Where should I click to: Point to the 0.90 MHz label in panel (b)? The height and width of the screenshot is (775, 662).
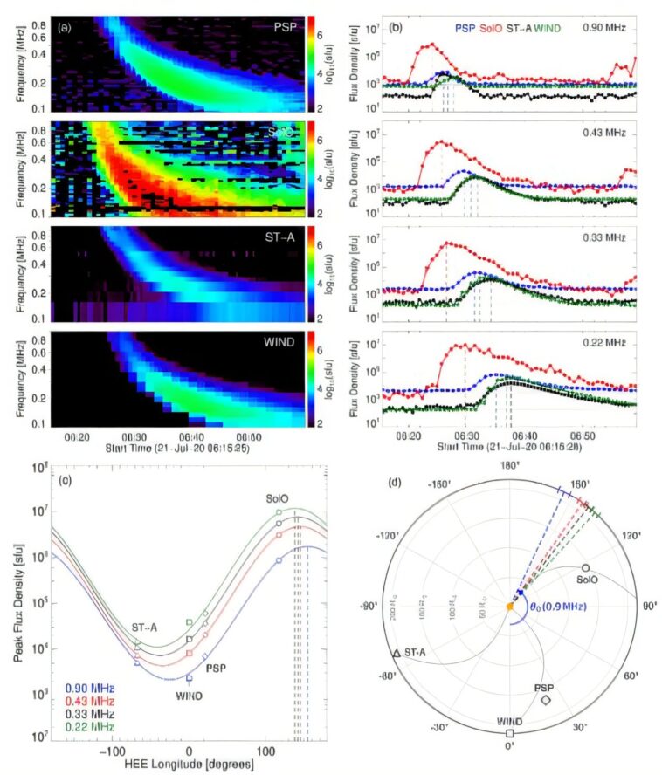coord(607,28)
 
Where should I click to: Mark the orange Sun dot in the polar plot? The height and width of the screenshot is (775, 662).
coord(510,605)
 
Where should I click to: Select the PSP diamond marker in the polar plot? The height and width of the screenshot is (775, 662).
coord(546,699)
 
